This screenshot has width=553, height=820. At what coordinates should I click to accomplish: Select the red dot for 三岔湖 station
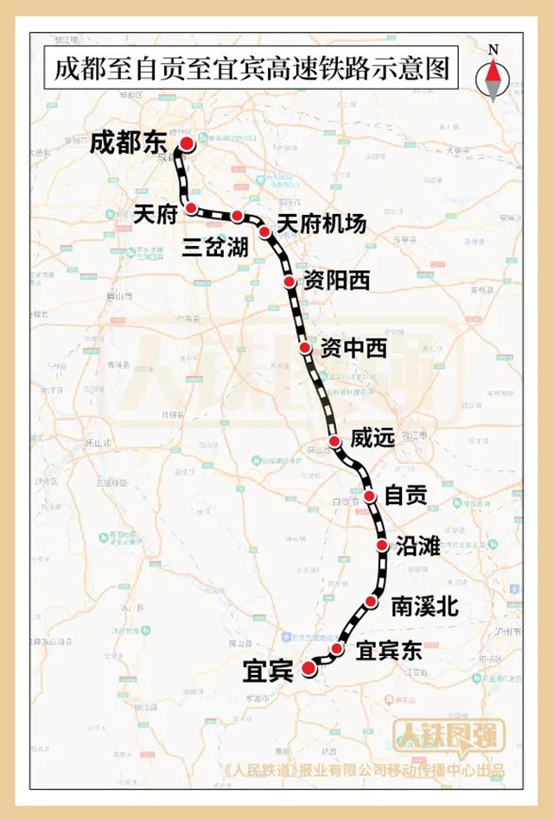(237, 216)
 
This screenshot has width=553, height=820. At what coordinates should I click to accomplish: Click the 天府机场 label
(321, 223)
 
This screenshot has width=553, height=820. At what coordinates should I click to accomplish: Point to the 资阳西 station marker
(289, 282)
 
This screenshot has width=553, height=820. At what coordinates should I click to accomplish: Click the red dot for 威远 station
(334, 442)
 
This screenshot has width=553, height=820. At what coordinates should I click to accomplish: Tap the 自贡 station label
(406, 496)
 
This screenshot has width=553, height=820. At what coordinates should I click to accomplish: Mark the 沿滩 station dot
(383, 546)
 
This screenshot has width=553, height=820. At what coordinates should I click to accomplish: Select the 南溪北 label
(423, 606)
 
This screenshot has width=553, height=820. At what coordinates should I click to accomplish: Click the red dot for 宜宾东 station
(338, 649)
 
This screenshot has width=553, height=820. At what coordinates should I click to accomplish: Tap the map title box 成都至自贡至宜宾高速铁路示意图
(252, 70)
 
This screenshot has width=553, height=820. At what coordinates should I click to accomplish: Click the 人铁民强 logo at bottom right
(438, 735)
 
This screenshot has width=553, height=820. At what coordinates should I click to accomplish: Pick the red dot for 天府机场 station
(265, 231)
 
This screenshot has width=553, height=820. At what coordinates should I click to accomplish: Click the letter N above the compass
(493, 50)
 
